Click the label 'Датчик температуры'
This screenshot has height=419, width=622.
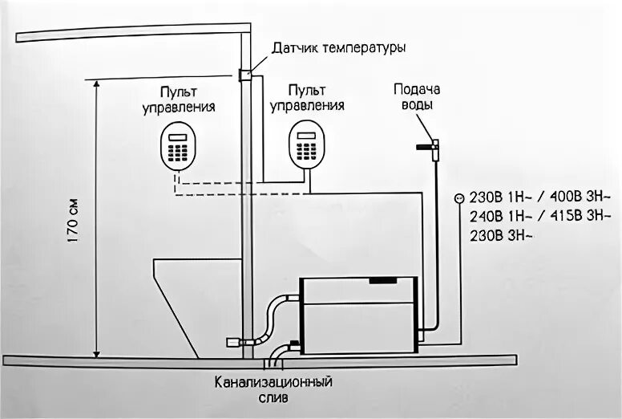[339, 48]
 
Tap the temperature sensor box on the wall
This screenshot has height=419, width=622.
[245, 75]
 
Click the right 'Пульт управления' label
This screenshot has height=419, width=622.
[307, 99]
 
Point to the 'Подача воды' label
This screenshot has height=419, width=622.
[417, 97]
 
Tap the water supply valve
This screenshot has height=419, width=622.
[430, 146]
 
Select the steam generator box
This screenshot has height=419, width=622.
[358, 314]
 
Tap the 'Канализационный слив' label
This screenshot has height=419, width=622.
[274, 388]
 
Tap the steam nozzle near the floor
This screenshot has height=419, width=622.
[234, 340]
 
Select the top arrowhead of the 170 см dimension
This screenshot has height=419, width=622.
[96, 83]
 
